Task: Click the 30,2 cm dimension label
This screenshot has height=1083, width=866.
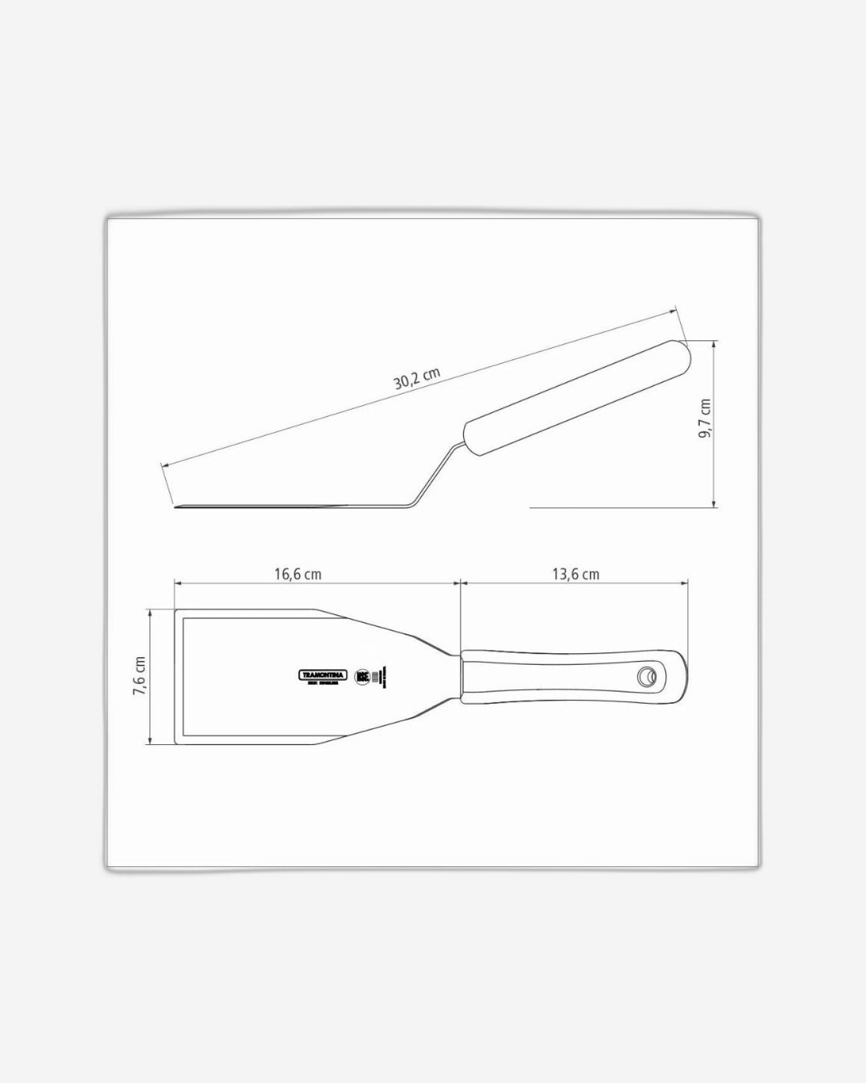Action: click(417, 378)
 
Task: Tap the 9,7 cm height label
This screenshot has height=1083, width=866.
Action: click(704, 419)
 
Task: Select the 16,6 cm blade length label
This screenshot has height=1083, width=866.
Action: click(298, 574)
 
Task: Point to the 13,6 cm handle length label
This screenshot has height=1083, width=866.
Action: click(576, 574)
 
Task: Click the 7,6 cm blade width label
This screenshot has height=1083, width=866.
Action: click(139, 676)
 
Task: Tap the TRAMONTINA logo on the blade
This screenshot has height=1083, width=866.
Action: click(323, 675)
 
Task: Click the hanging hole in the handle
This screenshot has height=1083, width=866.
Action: click(648, 675)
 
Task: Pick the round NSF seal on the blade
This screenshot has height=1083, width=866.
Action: click(362, 676)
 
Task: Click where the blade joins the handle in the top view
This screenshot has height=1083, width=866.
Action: click(461, 676)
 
